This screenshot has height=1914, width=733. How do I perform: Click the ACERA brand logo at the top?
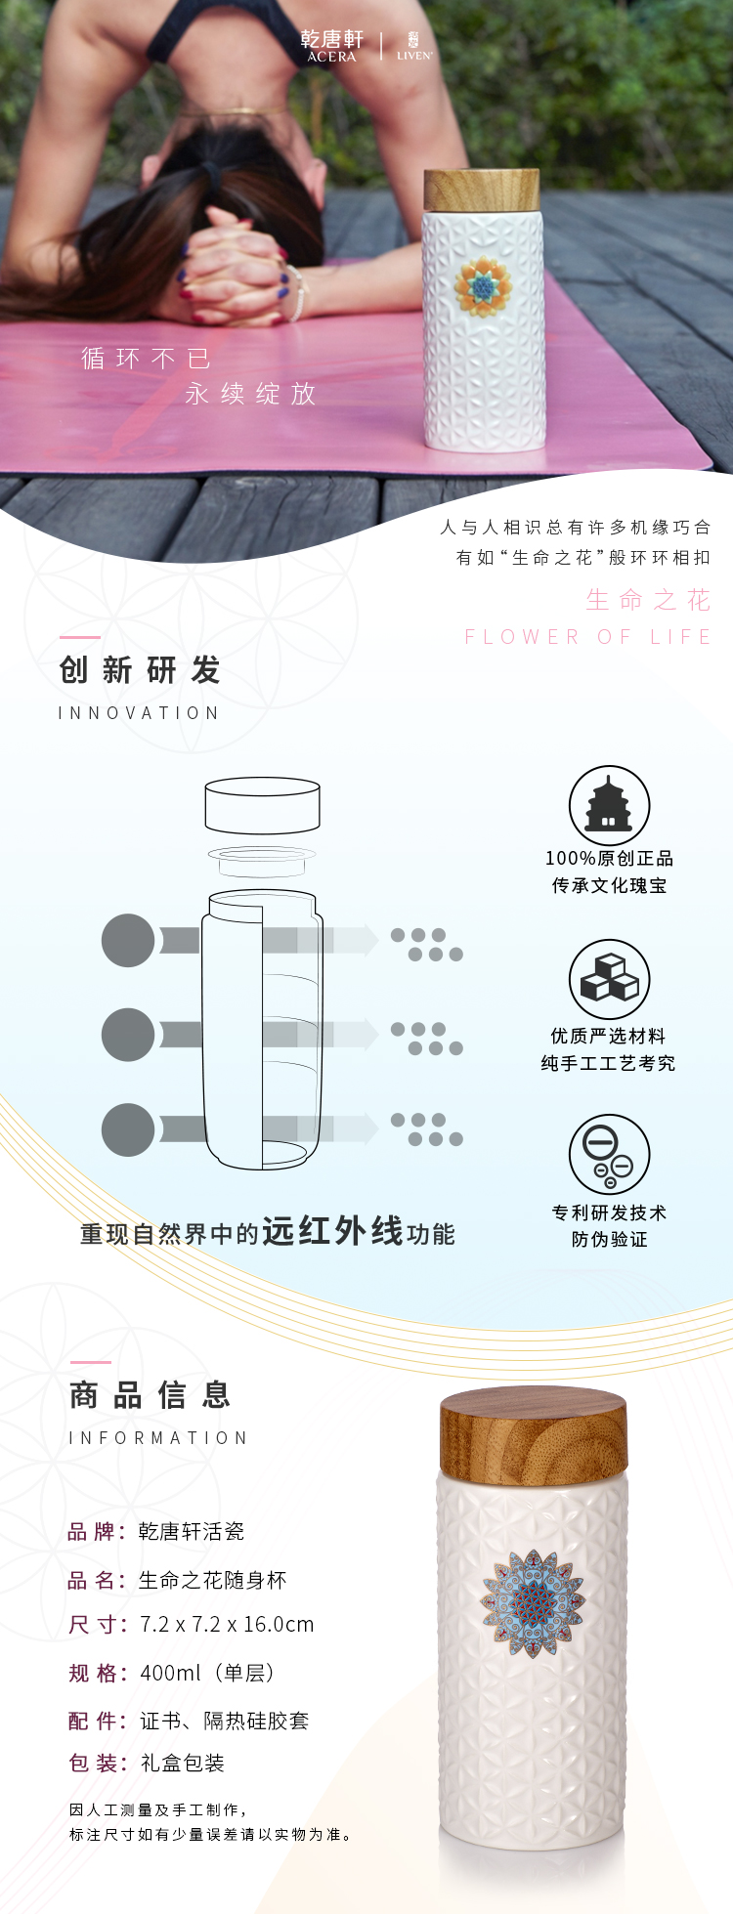click(x=331, y=45)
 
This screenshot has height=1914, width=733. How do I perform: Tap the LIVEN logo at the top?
click(x=413, y=46)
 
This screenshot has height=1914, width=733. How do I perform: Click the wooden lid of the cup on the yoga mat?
click(x=481, y=190)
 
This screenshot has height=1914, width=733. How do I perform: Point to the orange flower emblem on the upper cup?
click(x=483, y=286)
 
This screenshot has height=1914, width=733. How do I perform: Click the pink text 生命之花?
click(x=648, y=599)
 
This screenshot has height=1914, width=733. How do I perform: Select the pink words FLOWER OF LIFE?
click(x=587, y=637)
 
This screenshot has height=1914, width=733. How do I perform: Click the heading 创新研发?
click(x=140, y=670)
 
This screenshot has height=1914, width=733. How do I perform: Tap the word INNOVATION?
click(x=139, y=713)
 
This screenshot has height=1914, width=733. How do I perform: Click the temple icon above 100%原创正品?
click(x=609, y=805)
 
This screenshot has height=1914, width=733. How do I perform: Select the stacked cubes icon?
click(x=609, y=979)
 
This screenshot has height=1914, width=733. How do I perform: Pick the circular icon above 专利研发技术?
click(x=609, y=1155)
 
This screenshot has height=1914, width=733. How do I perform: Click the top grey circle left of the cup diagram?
click(x=128, y=940)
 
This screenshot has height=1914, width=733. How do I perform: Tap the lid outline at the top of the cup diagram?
click(x=262, y=805)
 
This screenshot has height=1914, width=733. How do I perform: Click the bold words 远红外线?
click(x=332, y=1231)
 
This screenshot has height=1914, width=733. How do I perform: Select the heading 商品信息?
click(x=151, y=1395)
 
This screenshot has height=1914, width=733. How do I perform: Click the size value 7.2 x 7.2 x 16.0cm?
click(x=227, y=1625)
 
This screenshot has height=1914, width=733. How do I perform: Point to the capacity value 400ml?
click(x=170, y=1673)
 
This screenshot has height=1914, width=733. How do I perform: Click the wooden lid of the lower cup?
click(x=533, y=1432)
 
